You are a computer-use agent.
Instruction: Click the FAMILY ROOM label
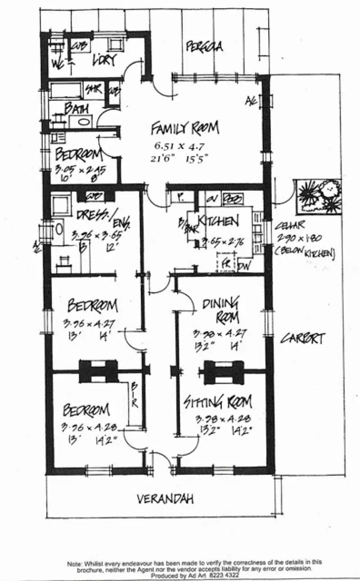point(184,129)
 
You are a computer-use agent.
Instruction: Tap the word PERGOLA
point(204,46)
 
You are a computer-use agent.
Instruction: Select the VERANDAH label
point(165,499)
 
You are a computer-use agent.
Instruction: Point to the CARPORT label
point(302,338)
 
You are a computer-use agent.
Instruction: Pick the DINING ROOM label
point(220,309)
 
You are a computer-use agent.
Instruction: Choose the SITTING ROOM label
point(217,402)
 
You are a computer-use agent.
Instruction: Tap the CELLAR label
point(290,224)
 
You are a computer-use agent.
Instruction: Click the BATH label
point(76,108)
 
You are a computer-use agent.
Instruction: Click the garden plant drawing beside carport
point(319,196)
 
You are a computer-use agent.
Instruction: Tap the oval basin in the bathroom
point(82,121)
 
